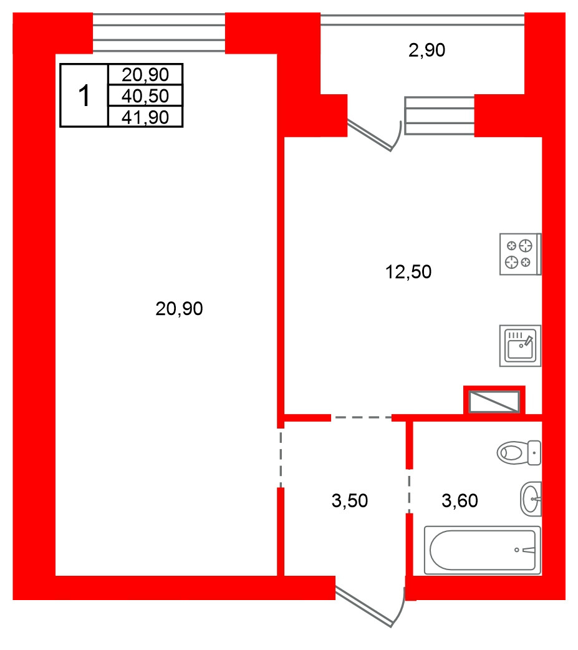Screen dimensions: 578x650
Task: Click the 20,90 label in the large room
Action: (179, 309)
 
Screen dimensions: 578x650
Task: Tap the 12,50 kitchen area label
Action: (408, 272)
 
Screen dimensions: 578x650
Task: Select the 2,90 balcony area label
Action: (426, 50)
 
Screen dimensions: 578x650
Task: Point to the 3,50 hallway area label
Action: (350, 501)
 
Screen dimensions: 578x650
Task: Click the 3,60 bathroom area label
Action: (460, 501)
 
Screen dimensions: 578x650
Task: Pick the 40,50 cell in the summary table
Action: (145, 96)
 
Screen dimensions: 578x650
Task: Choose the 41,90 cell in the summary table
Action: (145, 117)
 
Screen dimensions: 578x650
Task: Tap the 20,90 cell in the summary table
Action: (145, 75)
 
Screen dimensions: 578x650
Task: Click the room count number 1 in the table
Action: (84, 96)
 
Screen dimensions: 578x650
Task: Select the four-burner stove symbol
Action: (521, 254)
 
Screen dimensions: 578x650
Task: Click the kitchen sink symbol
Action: (521, 346)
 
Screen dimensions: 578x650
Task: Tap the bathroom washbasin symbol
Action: (531, 498)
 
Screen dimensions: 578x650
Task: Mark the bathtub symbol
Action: (483, 551)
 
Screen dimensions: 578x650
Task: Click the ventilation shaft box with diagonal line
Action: (494, 402)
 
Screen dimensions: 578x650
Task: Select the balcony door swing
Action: (375, 135)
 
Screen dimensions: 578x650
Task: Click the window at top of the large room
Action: (159, 33)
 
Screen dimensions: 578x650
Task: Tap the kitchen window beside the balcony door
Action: (440, 115)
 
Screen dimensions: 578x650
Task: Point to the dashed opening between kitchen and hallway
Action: (361, 417)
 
